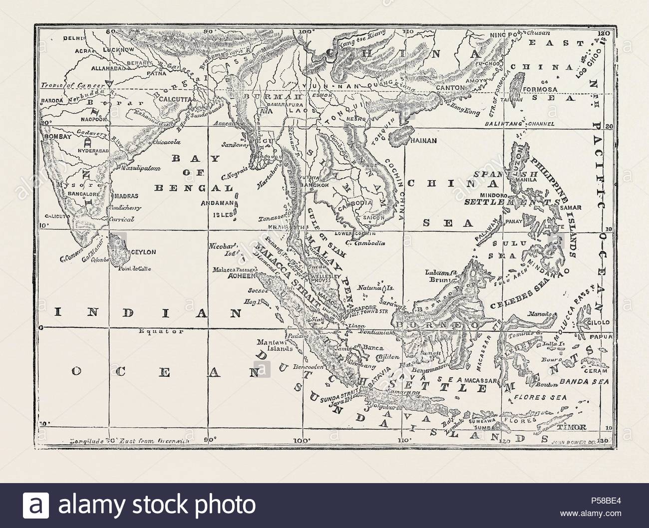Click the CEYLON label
point(144,253)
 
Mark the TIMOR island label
point(576,427)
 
